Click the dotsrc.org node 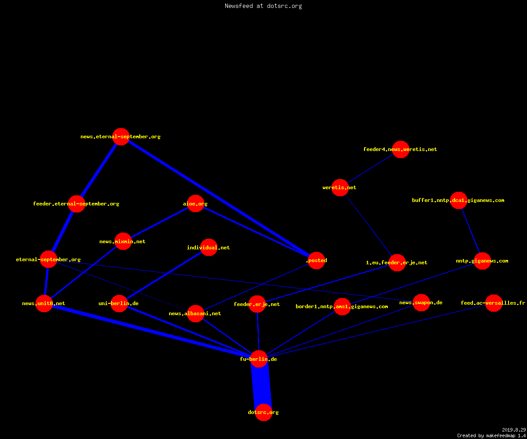[x=263, y=412]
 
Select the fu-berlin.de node [x=259, y=359]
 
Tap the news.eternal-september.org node [x=121, y=137]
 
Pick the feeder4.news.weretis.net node [x=401, y=149]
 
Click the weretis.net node [x=340, y=187]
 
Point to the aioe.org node [x=195, y=203]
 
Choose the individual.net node [x=209, y=247]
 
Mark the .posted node [x=317, y=260]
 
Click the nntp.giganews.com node [x=482, y=261]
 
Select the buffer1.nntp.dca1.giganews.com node [x=458, y=200]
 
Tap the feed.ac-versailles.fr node [x=494, y=303]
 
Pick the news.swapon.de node [x=421, y=302]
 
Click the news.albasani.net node [x=195, y=313]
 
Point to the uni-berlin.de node [x=119, y=303]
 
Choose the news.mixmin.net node [x=123, y=241]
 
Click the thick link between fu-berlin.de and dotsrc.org [x=261, y=385]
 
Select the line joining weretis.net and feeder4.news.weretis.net [x=370, y=168]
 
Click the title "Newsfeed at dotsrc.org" [x=263, y=6]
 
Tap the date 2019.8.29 [x=514, y=430]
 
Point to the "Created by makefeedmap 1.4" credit [x=491, y=436]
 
